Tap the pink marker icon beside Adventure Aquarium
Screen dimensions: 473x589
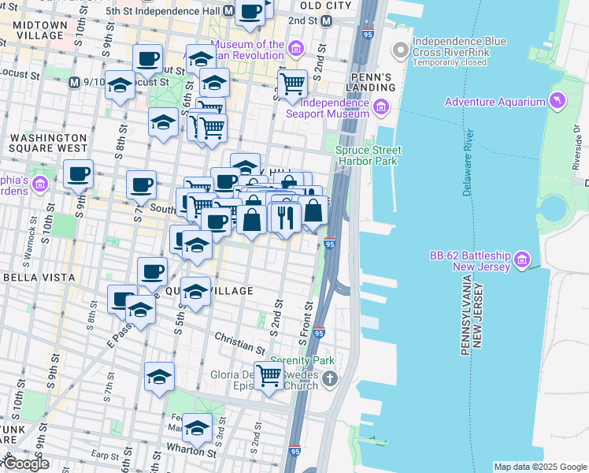[x=558, y=101]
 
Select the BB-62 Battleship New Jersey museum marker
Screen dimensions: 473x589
[x=520, y=259]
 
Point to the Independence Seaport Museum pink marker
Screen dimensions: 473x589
[x=381, y=107]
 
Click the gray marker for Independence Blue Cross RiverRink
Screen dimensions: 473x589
[x=401, y=51]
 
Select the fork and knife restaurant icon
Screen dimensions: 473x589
[x=285, y=216]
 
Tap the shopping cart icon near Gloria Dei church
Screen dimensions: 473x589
[x=269, y=375]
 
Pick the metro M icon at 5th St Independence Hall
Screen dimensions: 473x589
[x=228, y=11]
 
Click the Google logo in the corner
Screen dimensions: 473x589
[x=26, y=464]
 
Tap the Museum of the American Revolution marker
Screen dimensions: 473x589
[x=296, y=50]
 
